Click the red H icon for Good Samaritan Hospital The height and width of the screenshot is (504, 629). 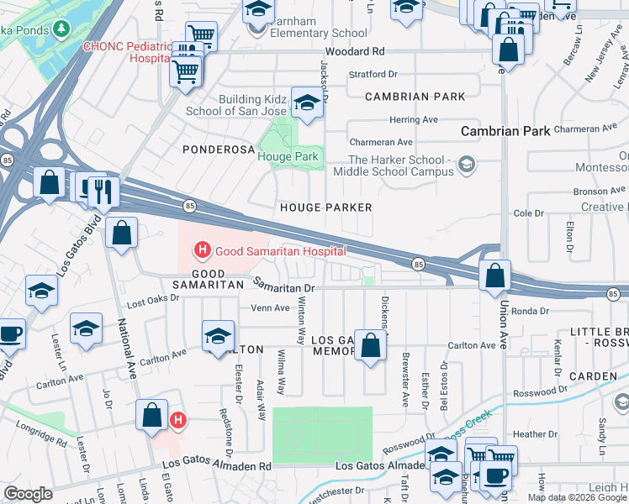pos(202,250)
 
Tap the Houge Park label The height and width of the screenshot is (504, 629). pos(288,156)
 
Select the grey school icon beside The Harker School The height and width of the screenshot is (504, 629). pos(464,165)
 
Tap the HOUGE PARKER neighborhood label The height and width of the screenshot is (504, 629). pos(325,207)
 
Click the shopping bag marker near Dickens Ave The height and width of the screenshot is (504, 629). pos(370,345)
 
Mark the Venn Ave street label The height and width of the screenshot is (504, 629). pos(270,307)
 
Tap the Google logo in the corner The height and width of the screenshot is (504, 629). pos(29,494)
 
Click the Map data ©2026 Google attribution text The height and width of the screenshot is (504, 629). pos(577,497)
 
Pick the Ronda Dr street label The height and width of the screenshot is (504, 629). pos(530,311)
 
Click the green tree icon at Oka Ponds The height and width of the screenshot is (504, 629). pos(61,29)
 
